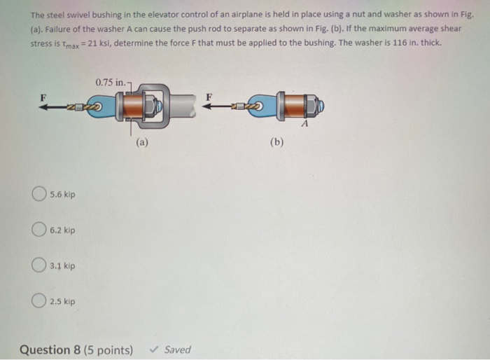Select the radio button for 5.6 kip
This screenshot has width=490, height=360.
pyautogui.click(x=39, y=194)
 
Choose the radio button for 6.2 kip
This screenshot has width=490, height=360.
pyautogui.click(x=39, y=230)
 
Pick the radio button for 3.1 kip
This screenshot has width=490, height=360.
pyautogui.click(x=39, y=266)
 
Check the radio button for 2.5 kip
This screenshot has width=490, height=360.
pyautogui.click(x=39, y=302)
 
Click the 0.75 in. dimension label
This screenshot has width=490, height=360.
pyautogui.click(x=111, y=83)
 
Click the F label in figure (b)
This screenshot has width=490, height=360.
pyautogui.click(x=209, y=96)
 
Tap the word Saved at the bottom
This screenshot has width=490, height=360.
pyautogui.click(x=177, y=349)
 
